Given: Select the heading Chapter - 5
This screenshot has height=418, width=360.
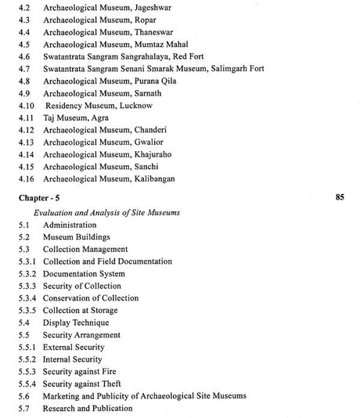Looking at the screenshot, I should coord(40,199).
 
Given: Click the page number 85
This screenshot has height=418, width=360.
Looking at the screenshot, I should coord(339,197).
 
